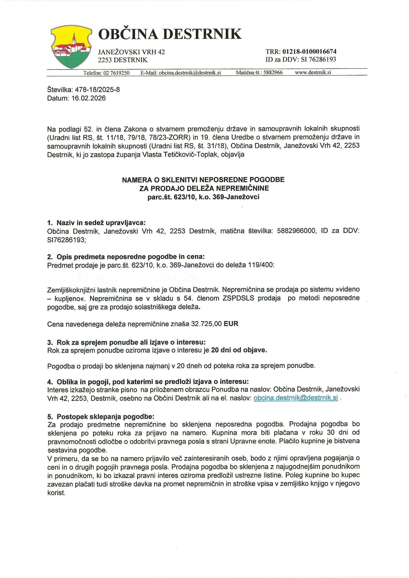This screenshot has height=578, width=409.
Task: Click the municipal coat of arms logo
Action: [x=71, y=47]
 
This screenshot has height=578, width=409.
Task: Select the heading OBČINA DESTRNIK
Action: [x=170, y=34]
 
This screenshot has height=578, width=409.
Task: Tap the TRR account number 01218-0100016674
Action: [x=309, y=52]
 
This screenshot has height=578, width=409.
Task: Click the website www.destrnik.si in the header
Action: [x=313, y=72]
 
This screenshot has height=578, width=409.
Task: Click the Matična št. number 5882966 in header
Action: [x=273, y=73]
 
